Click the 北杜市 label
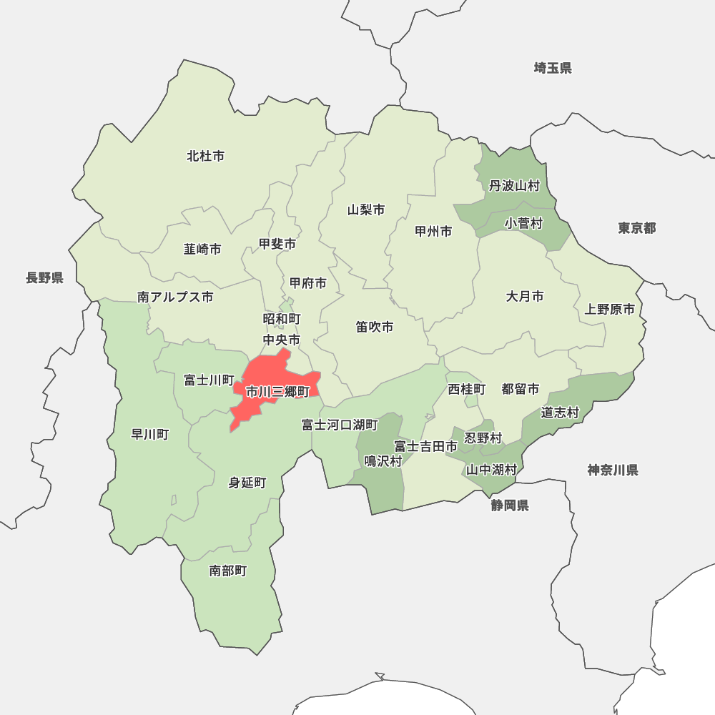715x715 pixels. [205, 156]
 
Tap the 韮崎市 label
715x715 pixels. [202, 250]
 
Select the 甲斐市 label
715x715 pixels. [277, 245]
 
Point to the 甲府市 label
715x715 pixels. [308, 283]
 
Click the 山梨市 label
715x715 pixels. [366, 210]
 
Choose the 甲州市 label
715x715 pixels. [433, 232]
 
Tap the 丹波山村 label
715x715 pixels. [514, 186]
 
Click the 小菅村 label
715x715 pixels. [523, 224]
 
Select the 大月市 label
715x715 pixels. [525, 296]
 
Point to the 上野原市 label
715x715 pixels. [609, 310]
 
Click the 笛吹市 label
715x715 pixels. [375, 327]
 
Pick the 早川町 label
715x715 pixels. [150, 434]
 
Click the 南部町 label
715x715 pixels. [228, 571]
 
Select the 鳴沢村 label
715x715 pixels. [383, 461]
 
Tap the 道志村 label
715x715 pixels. [560, 413]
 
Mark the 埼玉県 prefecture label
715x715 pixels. [553, 69]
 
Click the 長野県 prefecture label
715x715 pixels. [45, 278]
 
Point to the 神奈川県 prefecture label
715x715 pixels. [613, 470]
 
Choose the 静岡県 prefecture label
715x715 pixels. [510, 506]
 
